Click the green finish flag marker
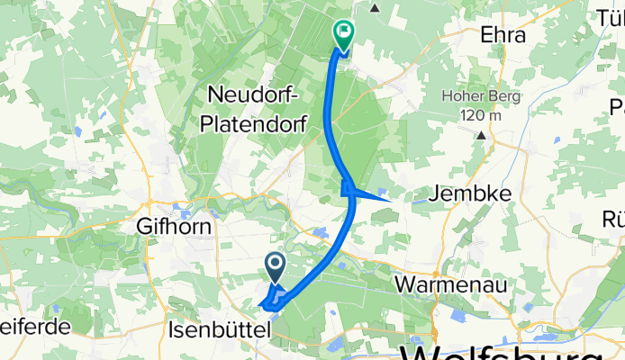coord(343,34)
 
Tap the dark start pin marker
coord(276,265)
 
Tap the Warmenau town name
coord(451,284)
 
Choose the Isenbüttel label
coord(219,331)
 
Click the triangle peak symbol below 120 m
coord(482,135)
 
